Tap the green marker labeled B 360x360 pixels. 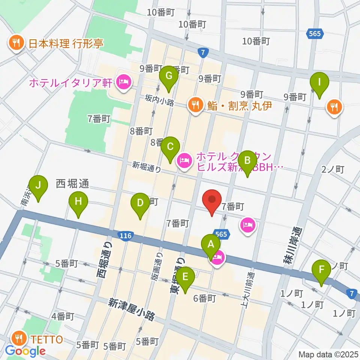pos(247,160)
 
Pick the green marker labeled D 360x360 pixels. pos(140,203)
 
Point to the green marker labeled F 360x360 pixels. pos(321,270)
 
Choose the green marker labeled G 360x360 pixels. pos(168,76)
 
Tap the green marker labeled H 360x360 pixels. pos(78,202)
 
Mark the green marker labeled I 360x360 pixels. pos(319,82)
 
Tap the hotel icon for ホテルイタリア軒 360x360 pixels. pos(123,81)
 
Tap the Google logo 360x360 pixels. pos(25,351)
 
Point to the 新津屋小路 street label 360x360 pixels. pos(132,309)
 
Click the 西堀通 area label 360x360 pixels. pos(72,183)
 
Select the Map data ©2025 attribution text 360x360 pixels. pos(327,354)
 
